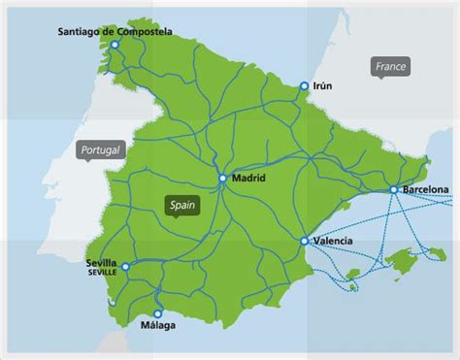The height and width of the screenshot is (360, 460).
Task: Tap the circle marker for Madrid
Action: tap(223, 179)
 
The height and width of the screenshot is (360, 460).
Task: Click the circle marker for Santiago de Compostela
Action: tap(115, 45)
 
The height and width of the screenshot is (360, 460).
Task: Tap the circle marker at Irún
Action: tap(305, 86)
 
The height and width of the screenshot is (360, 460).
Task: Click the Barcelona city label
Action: tap(424, 189)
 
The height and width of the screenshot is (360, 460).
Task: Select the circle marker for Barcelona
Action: tap(393, 189)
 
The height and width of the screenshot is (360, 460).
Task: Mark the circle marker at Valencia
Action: tap(305, 241)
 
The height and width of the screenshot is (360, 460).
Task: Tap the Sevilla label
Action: tap(102, 262)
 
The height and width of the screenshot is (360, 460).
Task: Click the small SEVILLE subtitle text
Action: tap(102, 272)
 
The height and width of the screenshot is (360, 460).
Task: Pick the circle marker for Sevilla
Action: tap(125, 265)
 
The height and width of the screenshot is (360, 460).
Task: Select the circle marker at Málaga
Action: tap(158, 313)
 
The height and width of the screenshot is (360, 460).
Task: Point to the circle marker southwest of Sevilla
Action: tap(114, 301)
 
